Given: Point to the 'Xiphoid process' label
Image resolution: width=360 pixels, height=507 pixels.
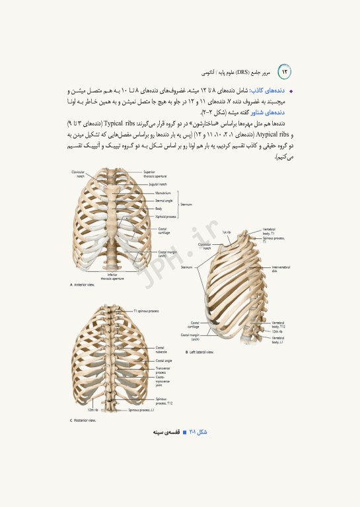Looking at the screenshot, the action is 166,216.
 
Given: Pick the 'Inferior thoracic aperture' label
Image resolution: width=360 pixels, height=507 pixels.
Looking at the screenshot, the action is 112,277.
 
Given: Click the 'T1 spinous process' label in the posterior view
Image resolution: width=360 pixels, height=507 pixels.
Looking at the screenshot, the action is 146,310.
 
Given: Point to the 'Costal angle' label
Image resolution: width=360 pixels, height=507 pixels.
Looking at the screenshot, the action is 164,361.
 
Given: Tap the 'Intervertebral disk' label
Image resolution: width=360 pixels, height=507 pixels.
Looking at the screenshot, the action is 282,269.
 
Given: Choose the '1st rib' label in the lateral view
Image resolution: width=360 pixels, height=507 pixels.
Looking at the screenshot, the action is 227,232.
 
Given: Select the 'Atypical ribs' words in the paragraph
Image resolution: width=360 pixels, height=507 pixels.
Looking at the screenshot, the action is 273,133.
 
